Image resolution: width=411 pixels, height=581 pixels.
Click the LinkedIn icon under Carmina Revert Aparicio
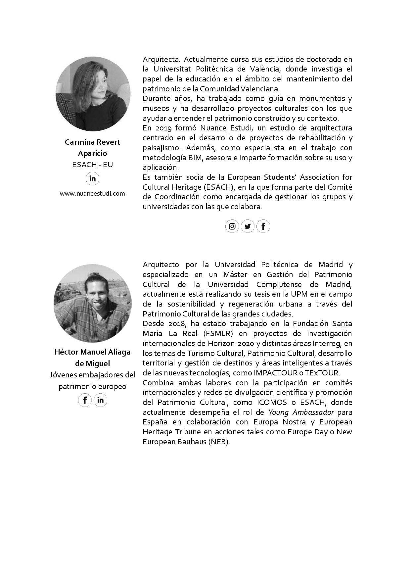pyautogui.click(x=93, y=179)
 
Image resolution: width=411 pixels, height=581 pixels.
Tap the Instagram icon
pyautogui.click(x=232, y=226)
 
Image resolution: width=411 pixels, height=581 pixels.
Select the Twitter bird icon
pyautogui.click(x=248, y=226)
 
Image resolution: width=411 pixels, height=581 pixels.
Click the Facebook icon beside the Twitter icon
pyautogui.click(x=263, y=226)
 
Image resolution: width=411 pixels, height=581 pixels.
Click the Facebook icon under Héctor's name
pyautogui.click(x=85, y=400)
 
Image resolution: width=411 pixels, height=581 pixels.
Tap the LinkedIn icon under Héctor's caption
pyautogui.click(x=101, y=400)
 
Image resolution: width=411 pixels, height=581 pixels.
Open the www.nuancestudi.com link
pyautogui.click(x=92, y=194)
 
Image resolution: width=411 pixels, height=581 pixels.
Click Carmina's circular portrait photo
pyautogui.click(x=93, y=94)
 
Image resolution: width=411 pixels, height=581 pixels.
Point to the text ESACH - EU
pyautogui.click(x=93, y=165)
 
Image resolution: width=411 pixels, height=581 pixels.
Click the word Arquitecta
pyautogui.click(x=161, y=59)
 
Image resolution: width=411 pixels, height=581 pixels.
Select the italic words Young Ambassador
pyautogui.click(x=301, y=412)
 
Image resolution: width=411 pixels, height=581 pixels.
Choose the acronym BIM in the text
pyautogui.click(x=197, y=158)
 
